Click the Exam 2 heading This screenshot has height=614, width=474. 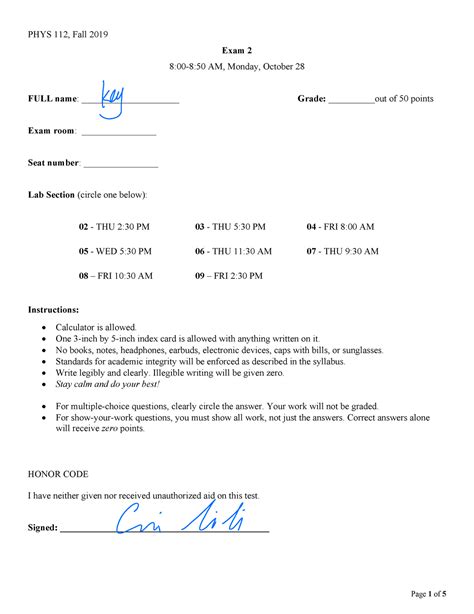point(236,50)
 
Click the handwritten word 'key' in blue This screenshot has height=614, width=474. point(113,94)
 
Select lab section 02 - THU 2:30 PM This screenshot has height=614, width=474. point(114,227)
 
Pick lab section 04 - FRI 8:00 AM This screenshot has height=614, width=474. point(340,227)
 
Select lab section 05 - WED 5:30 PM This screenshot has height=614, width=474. point(115,252)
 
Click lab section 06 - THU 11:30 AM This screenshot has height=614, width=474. point(233,252)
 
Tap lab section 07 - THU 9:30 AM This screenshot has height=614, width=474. point(342,252)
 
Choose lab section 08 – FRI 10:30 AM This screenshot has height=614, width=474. point(116,276)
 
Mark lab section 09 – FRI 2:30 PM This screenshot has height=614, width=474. point(229,276)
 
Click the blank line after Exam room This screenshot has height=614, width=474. point(118,133)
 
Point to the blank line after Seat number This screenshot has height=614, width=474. point(120,165)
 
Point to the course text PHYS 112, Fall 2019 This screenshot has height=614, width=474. point(68,35)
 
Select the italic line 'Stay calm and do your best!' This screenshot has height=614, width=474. point(107,384)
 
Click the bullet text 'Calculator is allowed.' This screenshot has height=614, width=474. point(96,328)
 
